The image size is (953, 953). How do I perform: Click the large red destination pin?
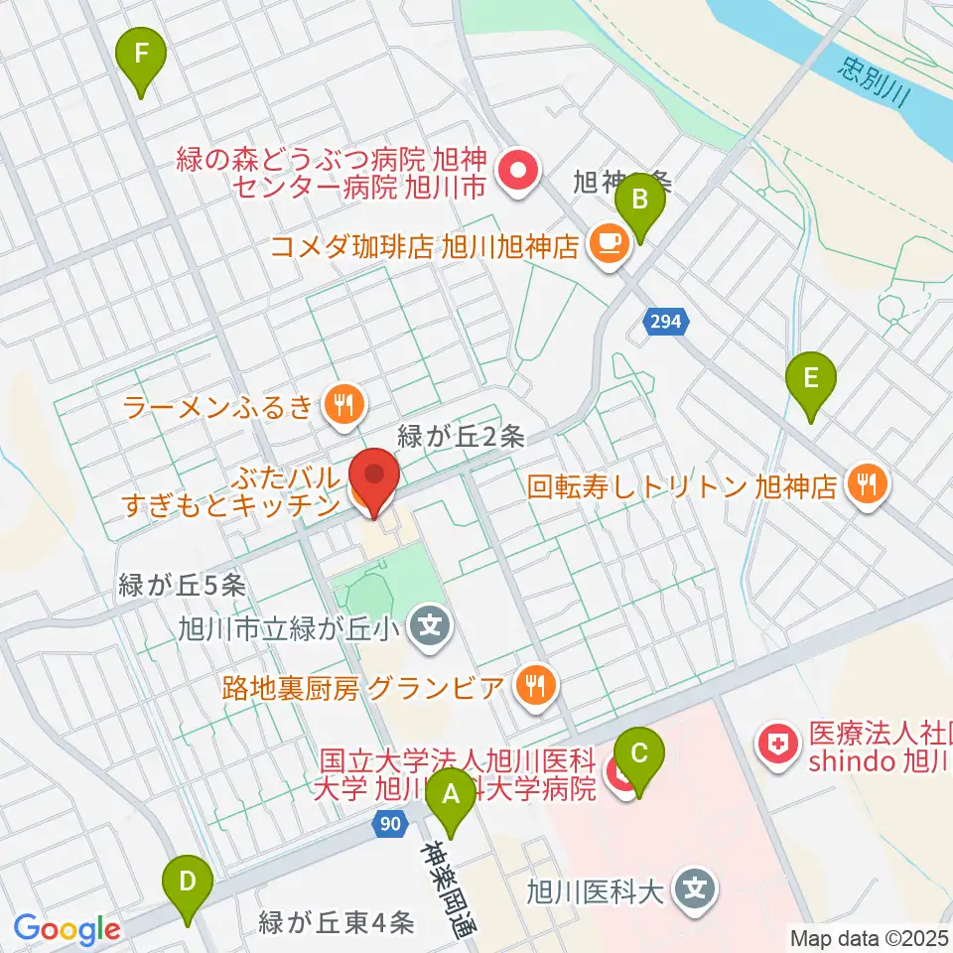click(x=374, y=480)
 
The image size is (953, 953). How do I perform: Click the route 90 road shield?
click(x=391, y=823)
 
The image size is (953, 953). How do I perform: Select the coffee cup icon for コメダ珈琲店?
click(x=607, y=244)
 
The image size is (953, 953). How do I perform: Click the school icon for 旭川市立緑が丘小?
click(x=430, y=627)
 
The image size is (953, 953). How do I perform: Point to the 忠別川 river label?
click(x=874, y=82)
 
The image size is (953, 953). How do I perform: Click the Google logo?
click(x=67, y=930)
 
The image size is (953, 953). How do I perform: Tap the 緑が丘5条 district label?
click(x=181, y=585)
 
